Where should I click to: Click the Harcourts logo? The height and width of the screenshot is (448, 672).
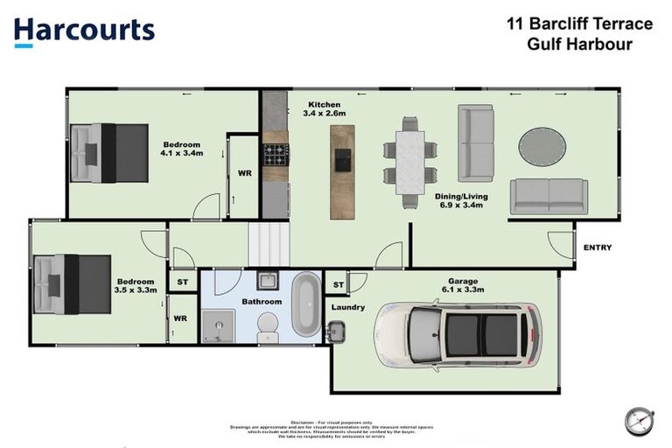84,31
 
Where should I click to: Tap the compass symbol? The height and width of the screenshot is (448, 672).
640,421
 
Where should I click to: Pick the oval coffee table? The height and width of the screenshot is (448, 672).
542,146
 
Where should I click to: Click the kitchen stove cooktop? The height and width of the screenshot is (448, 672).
276,155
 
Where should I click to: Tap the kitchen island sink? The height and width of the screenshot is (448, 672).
343,158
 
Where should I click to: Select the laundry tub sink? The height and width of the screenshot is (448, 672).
336,332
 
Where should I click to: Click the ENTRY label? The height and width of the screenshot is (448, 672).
597,248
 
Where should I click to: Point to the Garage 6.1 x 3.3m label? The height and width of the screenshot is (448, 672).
462,283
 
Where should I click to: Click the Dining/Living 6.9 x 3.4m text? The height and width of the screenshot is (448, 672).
461,202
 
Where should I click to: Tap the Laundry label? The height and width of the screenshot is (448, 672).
347,307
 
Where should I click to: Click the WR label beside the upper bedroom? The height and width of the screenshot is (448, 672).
245,173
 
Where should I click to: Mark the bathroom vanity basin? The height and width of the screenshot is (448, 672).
267,282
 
